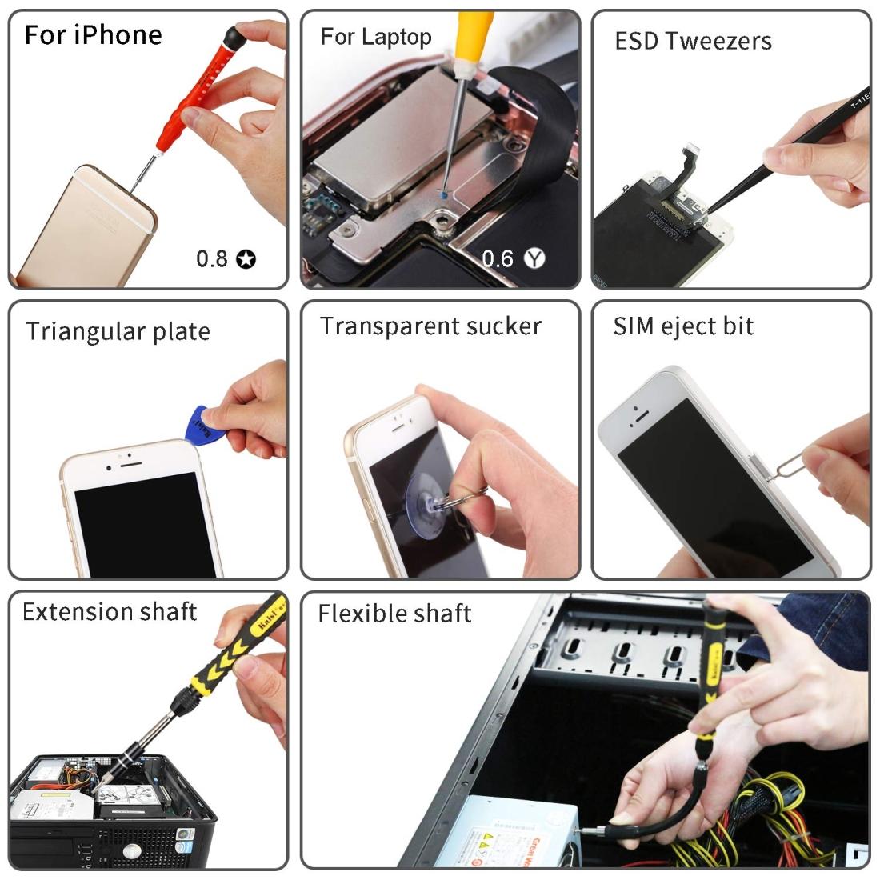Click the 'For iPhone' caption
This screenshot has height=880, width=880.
pos(93,35)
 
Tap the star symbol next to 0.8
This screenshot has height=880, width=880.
pos(247,258)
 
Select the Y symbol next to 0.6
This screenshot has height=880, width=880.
pos(534,258)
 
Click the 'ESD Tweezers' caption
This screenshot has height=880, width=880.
pos(693,41)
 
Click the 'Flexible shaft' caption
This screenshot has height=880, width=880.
pos(394,614)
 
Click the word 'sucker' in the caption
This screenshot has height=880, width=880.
pos(502,326)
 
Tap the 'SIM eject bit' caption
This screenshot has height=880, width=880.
pos(683,326)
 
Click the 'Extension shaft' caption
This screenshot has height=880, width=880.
pos(110,612)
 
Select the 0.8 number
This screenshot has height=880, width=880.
pos(212,258)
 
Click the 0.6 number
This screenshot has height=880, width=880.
pos(498,258)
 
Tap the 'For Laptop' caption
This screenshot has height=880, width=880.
pos(375,36)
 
